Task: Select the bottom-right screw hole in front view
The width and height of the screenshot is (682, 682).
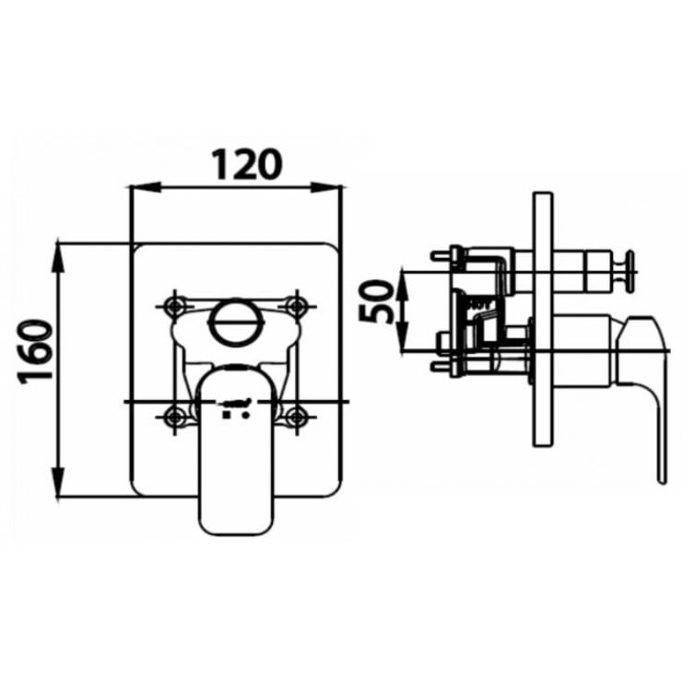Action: click(x=295, y=416)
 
